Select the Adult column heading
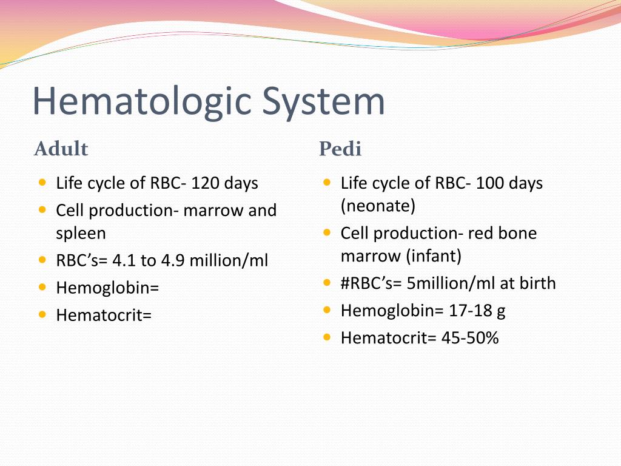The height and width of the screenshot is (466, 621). click(61, 149)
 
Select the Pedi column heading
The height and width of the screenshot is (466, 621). click(340, 149)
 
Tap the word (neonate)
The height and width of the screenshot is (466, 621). click(378, 206)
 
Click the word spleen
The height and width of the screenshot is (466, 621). click(81, 233)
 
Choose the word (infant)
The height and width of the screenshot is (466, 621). click(434, 256)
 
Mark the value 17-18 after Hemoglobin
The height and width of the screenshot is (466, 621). click(470, 311)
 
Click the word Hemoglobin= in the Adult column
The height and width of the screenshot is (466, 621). click(107, 288)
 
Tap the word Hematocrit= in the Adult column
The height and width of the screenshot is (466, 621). click(104, 315)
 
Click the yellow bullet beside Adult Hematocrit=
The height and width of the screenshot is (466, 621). click(42, 314)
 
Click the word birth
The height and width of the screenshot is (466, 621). click(537, 283)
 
